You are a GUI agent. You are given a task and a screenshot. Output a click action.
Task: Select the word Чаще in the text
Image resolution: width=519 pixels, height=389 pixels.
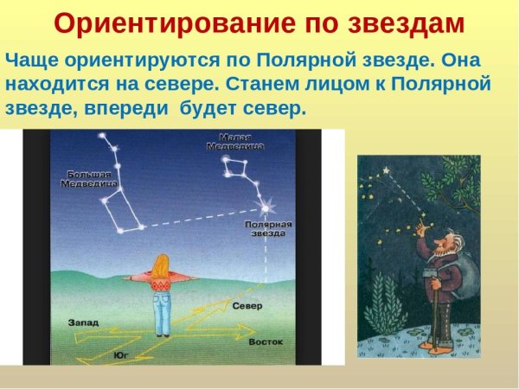click(x=30, y=62)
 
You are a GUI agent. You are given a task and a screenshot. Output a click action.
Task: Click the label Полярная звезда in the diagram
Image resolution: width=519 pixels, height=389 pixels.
click(x=272, y=228)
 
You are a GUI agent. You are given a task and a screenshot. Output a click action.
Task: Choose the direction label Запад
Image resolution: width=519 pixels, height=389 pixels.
click(x=84, y=322)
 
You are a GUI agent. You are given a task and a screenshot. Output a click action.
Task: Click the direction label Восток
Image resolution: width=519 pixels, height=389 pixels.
click(x=266, y=342)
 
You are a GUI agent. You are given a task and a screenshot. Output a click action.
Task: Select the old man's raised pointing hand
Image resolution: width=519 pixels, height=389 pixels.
click(x=421, y=227)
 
